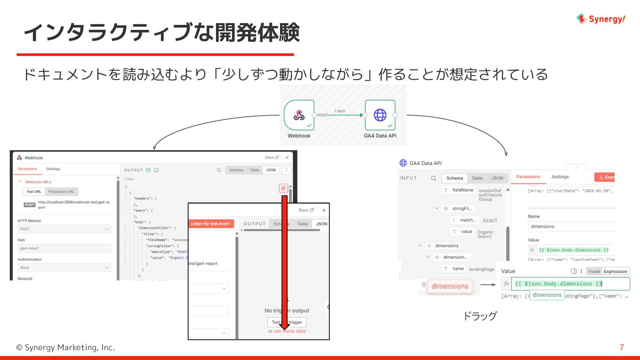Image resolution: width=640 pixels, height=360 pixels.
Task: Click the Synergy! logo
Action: pos(601,19)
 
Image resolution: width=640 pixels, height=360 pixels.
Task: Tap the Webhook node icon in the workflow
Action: pos(299,115)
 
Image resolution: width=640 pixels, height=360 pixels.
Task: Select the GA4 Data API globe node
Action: pos(380,115)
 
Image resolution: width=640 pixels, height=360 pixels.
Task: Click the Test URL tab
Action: pos(34,192)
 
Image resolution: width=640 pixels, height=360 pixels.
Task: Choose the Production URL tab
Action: pos(61,192)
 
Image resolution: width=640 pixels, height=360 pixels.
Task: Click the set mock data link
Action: pos(290,331)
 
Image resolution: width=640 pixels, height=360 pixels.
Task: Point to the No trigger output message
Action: pos(287,311)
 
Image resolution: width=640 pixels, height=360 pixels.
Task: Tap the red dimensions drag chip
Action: pos(450,286)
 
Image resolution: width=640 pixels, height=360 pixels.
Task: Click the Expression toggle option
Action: pos(615,271)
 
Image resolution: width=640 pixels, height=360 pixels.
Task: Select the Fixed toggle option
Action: pos(594,271)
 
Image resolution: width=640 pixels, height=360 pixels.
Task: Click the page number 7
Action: pos(621,348)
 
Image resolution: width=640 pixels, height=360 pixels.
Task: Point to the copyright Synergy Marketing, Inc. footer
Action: pos(65,348)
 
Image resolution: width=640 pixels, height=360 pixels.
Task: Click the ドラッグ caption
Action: pos(480,316)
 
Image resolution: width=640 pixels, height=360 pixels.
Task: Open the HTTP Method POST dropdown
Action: pos(64,229)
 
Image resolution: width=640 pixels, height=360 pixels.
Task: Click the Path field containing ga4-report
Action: pos(64,248)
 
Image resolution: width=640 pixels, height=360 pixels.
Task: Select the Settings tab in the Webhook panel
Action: pos(53,169)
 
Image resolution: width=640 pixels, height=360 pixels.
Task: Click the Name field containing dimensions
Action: pos(572,226)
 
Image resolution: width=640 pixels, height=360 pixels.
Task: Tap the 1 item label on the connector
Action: pos(340,111)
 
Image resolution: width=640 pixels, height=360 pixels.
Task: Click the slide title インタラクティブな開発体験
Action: pos(161,33)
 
